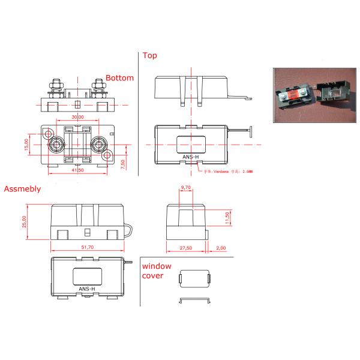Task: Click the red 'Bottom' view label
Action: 119,78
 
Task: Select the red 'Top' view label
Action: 150,56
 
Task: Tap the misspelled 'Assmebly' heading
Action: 22,188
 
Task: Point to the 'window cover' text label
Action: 157,271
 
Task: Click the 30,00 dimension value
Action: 77,116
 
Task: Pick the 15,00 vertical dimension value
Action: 26,145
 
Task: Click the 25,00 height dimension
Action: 25,221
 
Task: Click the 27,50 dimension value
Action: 185,248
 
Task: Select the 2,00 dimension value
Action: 221,248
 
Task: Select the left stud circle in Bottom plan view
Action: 58,145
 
